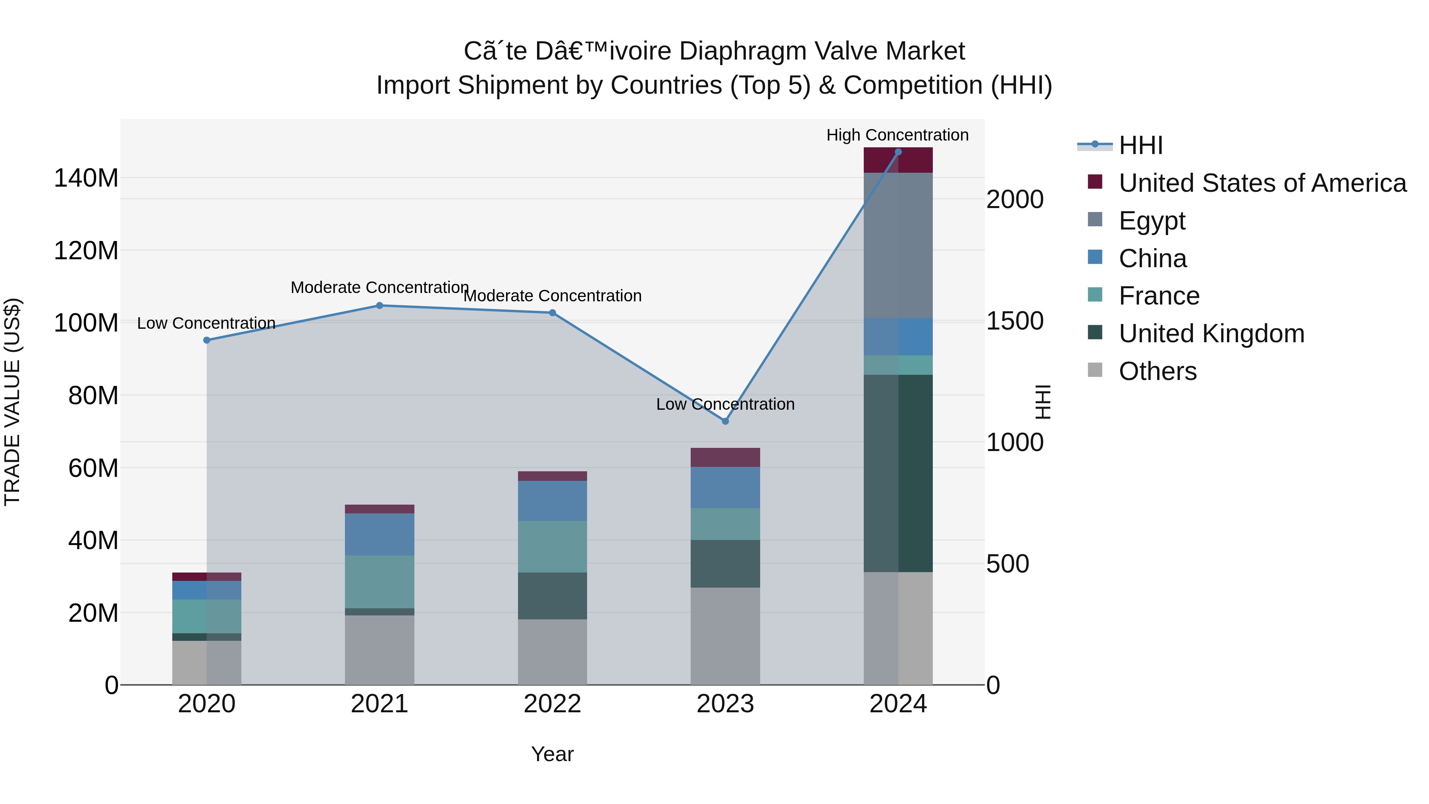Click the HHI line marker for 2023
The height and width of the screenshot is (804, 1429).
pyautogui.click(x=725, y=421)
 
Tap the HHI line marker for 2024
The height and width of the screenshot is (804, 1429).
pyautogui.click(x=898, y=152)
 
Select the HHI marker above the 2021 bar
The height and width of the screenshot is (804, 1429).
pyautogui.click(x=379, y=306)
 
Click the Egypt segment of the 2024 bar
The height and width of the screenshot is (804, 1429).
pyautogui.click(x=898, y=245)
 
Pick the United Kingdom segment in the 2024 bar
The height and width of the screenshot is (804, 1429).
pyautogui.click(x=898, y=473)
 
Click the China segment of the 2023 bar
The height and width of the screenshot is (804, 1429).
pyautogui.click(x=725, y=488)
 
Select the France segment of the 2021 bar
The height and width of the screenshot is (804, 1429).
pyautogui.click(x=379, y=582)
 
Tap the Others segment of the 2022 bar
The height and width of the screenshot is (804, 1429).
pyautogui.click(x=552, y=652)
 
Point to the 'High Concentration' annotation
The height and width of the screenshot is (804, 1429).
pyautogui.click(x=897, y=135)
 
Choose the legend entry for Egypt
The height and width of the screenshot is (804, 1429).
pyautogui.click(x=1152, y=221)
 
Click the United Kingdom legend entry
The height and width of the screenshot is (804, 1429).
pyautogui.click(x=1211, y=334)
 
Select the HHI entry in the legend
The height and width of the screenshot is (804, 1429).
pyautogui.click(x=1140, y=145)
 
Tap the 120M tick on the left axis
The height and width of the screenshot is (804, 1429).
pyautogui.click(x=86, y=251)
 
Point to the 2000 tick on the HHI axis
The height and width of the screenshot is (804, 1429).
pyautogui.click(x=1015, y=200)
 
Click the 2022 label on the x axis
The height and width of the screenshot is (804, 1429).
pyautogui.click(x=552, y=704)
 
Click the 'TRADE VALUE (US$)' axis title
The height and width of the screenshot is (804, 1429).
pyautogui.click(x=13, y=402)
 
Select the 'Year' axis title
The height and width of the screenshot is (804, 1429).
pyautogui.click(x=552, y=754)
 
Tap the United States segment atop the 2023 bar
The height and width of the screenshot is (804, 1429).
pyautogui.click(x=725, y=457)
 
